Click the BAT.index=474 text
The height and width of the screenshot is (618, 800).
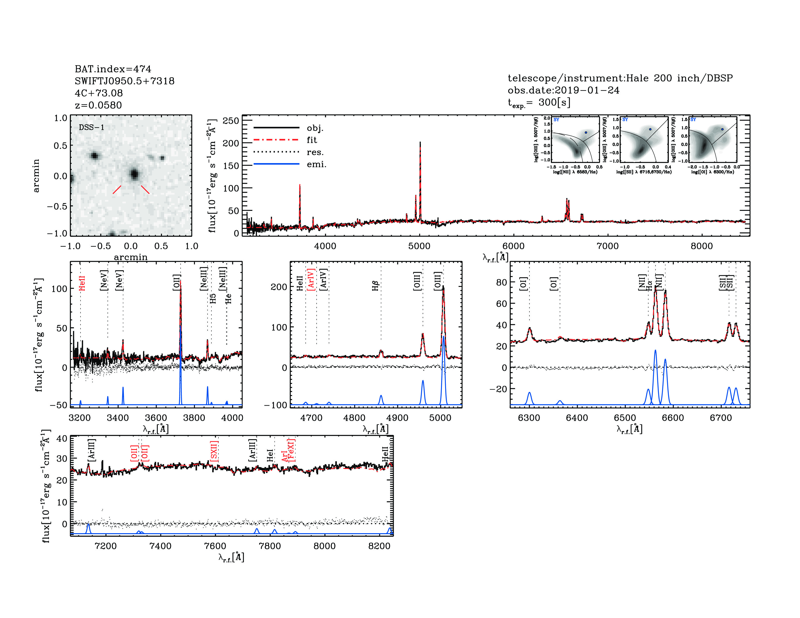[x=113, y=69]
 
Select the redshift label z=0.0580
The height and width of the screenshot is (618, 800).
[x=98, y=105]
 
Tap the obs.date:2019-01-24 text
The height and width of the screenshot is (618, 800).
[x=563, y=90]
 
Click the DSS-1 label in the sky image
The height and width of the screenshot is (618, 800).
[x=92, y=127]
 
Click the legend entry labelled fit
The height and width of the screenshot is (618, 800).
[x=312, y=140]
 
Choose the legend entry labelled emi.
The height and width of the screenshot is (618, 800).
[x=316, y=164]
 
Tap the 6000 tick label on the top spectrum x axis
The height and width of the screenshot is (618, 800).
[x=513, y=246]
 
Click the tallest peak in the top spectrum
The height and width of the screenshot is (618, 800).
[x=420, y=143]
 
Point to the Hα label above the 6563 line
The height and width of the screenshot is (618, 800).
[x=649, y=285]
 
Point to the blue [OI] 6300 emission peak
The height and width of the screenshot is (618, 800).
[x=529, y=393]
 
